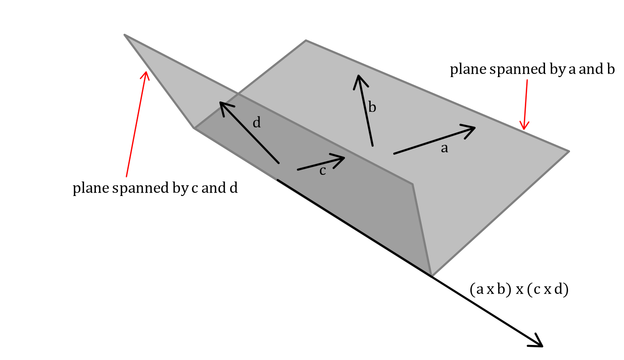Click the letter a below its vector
(x=444, y=149)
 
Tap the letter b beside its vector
(x=372, y=108)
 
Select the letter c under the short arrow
(x=322, y=171)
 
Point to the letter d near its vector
(x=257, y=123)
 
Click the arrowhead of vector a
(x=472, y=129)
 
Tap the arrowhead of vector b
(x=359, y=78)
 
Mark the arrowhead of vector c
(x=343, y=158)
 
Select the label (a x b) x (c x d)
(x=519, y=290)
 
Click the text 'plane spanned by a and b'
(x=532, y=70)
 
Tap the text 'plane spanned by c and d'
(x=155, y=188)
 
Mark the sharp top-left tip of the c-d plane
(x=125, y=35)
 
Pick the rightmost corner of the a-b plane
(x=569, y=151)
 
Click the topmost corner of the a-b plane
(x=306, y=41)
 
